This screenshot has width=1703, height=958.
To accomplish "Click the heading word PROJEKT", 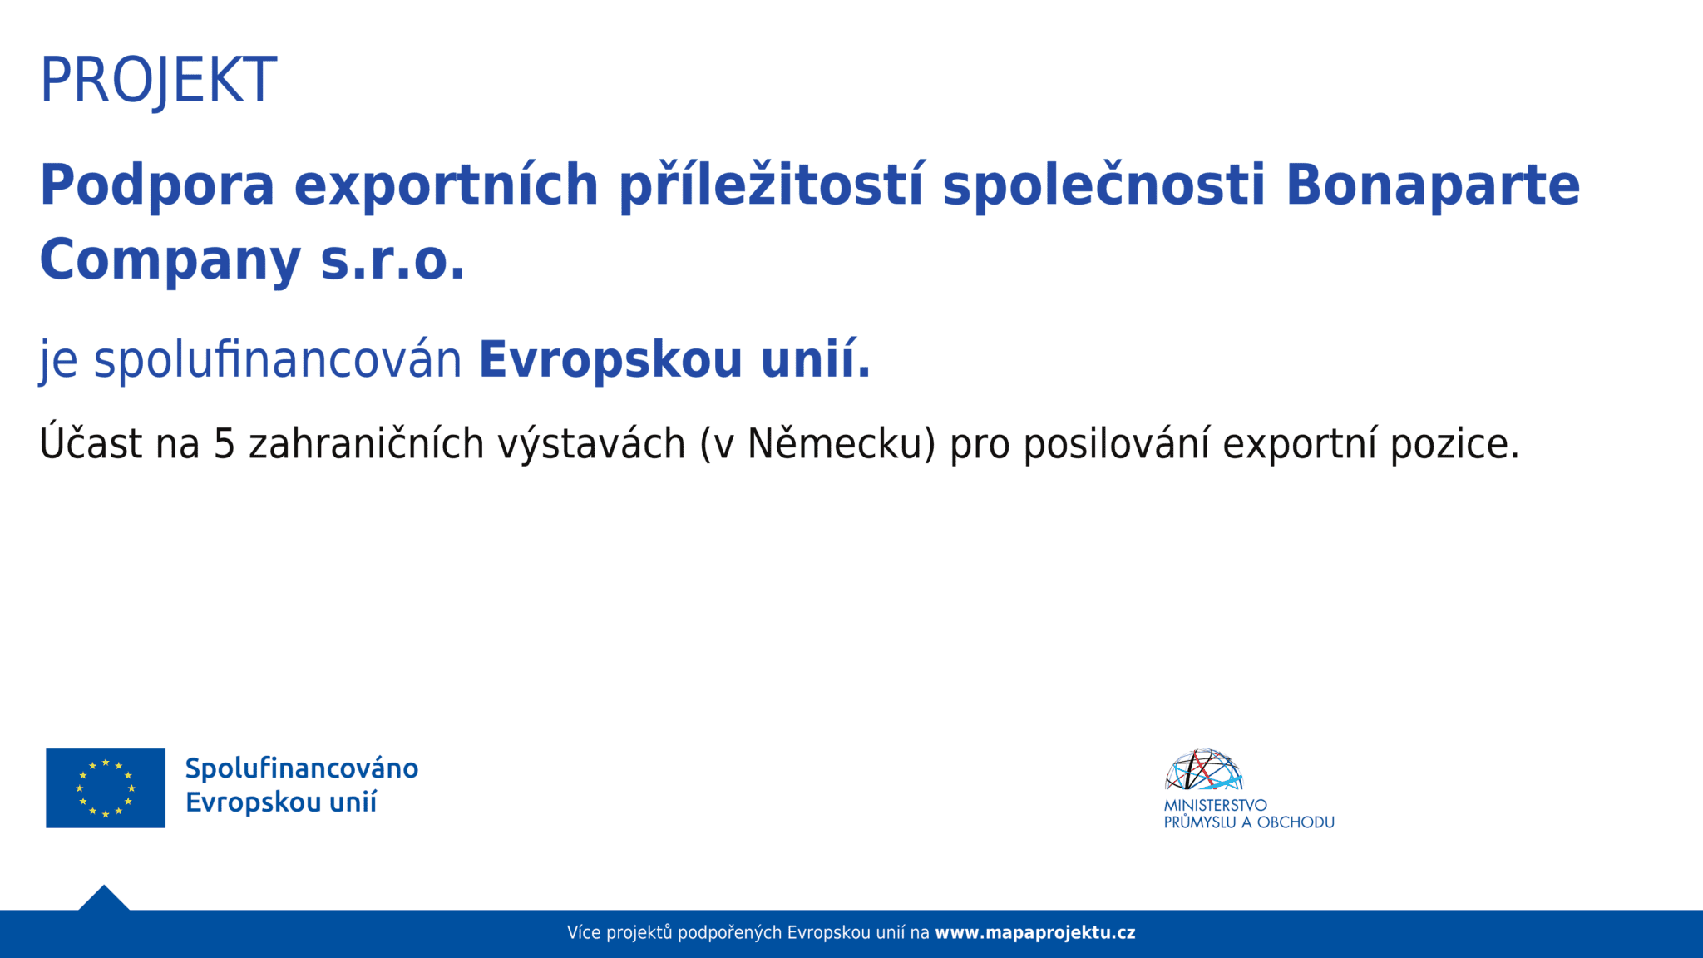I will point(158,81).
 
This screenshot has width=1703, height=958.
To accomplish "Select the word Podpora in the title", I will point(157,185).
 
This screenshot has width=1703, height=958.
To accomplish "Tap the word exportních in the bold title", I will point(447,185).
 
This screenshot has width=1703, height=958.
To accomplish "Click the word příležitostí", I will point(771,185).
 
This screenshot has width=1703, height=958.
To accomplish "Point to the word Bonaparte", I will point(1432,185).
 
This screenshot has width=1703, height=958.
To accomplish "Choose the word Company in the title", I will point(170,260).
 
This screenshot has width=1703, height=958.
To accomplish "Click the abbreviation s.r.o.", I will point(392,260).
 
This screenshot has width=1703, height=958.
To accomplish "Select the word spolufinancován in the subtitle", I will point(278,360).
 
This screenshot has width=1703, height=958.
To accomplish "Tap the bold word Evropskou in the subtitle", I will point(610,360).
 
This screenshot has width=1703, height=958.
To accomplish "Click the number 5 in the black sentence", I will point(225,444).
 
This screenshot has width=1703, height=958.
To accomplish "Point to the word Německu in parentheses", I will point(836,444).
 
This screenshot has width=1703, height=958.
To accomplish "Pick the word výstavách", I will point(591,444).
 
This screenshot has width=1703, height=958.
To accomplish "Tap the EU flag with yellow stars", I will point(106,788).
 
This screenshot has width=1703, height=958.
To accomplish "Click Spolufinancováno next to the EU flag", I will point(301,768).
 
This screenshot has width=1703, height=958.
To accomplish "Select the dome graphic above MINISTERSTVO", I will point(1203,770).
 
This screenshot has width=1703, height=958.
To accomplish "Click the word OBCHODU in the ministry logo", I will point(1296,822).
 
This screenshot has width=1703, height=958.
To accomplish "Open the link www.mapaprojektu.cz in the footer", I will point(1034,933).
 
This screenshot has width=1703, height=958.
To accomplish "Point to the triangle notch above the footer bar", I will point(104,899).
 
